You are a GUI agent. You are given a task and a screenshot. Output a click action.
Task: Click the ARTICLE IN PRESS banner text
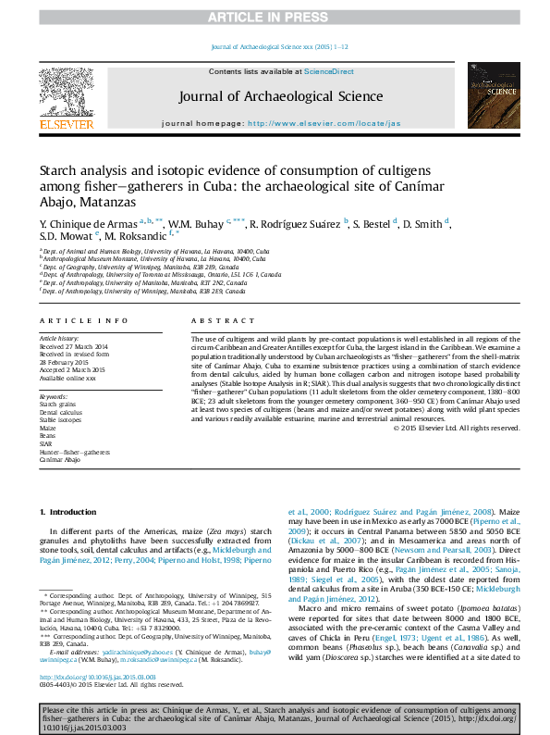tap(275, 17)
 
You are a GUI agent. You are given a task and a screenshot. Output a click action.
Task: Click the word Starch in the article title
tap(61, 170)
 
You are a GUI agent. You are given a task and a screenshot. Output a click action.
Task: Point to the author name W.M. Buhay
tap(197, 224)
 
